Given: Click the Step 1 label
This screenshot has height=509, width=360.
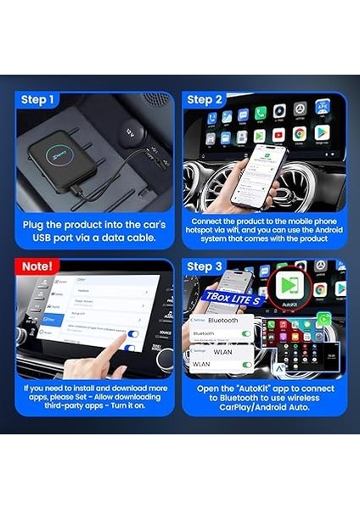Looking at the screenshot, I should click(x=37, y=100).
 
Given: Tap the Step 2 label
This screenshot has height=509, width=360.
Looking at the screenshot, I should click(x=205, y=100).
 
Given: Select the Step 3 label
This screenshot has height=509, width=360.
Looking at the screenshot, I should click(x=205, y=266).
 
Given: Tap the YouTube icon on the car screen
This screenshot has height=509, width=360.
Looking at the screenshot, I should click(x=279, y=135).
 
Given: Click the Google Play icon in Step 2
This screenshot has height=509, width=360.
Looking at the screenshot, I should click(x=321, y=133).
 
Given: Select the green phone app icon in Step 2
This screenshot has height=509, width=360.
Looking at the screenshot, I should click(x=261, y=113).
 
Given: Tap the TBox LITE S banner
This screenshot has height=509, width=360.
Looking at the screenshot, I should click(x=233, y=298).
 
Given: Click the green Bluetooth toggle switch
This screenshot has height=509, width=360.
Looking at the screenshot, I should click(x=246, y=333).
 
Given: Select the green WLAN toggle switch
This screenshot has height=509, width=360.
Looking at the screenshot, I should click(x=246, y=365).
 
